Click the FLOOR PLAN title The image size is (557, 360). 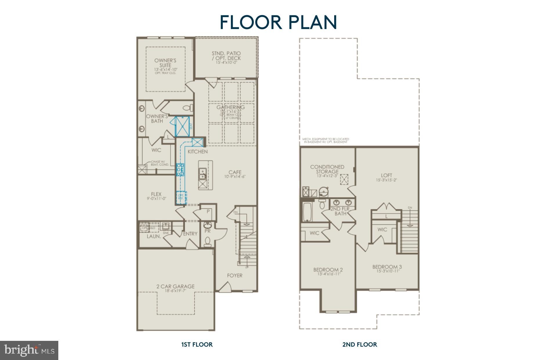coord(278,22)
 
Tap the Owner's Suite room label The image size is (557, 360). coord(165,63)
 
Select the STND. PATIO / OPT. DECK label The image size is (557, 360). coord(226,56)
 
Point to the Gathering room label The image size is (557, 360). coord(231,107)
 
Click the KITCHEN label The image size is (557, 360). coord(198,152)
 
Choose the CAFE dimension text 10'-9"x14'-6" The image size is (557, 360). coord(235,177)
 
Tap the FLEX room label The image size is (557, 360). coord(156,194)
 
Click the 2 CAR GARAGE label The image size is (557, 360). coord(175,286)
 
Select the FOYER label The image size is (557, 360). coord(235,275)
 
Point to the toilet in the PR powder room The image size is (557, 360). coord(208,242)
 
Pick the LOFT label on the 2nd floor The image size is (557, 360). coord(386,175)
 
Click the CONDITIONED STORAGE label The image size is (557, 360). coord(327,169)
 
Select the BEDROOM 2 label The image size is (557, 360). coord(328,270)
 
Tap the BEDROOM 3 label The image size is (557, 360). coord(387,267)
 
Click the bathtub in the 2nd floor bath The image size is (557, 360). coord(307,212)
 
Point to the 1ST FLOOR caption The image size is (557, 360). coord(197,344)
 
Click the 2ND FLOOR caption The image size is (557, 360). coord(360,344)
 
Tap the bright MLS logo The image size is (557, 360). coord(29,350)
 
